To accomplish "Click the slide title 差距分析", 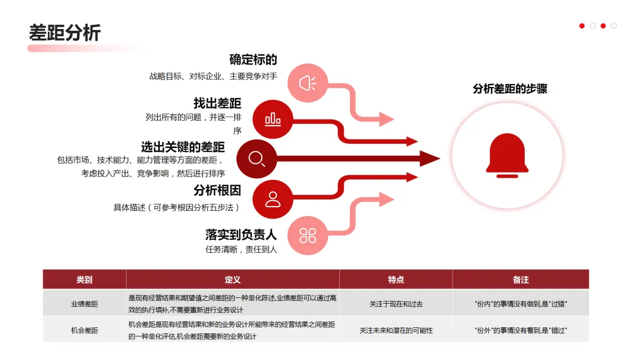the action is click(x=64, y=32).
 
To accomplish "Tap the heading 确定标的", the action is click(x=253, y=60).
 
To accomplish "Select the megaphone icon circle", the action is click(x=307, y=83).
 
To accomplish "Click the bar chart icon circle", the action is click(x=273, y=120).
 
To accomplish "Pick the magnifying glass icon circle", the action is click(x=257, y=159).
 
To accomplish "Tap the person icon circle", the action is click(x=273, y=199).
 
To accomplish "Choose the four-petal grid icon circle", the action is click(x=307, y=235).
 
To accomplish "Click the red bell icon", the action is click(x=507, y=155).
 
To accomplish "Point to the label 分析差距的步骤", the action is click(x=510, y=89).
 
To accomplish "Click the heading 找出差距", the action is click(x=217, y=103).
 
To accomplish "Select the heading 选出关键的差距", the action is click(x=183, y=146).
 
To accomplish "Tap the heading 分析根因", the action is click(x=217, y=191).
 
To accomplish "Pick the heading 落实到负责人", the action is click(x=241, y=234).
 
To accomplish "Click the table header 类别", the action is click(x=85, y=279).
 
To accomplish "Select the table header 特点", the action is click(x=396, y=279).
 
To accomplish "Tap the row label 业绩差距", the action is click(x=85, y=304).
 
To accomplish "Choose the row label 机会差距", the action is click(x=85, y=330).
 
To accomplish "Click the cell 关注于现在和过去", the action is click(x=396, y=304).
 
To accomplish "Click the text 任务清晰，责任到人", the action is click(x=241, y=249).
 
